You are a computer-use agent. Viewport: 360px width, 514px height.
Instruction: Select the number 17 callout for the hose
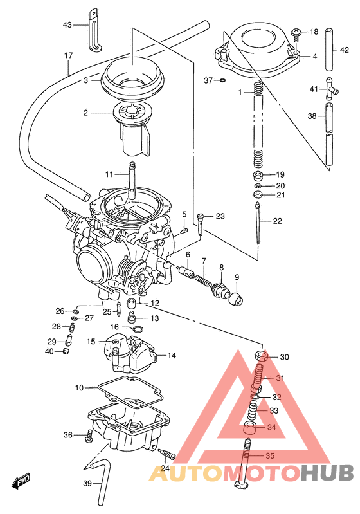click(68, 55)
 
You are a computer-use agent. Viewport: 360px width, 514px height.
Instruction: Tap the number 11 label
click(109, 174)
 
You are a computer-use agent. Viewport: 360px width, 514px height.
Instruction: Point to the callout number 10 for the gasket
click(79, 388)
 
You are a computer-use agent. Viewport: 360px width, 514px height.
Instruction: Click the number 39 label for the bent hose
click(85, 482)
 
